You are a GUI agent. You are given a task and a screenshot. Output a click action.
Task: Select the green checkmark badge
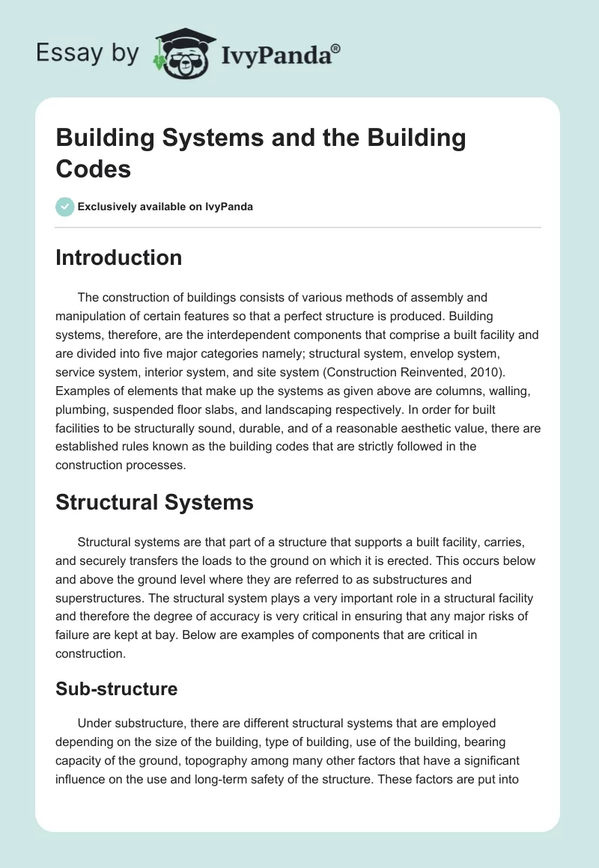[x=65, y=207]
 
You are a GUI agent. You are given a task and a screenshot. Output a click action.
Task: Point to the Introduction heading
[x=118, y=257]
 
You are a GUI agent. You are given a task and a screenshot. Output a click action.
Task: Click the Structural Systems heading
[x=154, y=502]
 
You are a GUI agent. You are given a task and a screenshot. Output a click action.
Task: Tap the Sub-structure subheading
[x=116, y=688]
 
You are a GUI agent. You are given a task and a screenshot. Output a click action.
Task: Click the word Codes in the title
[x=93, y=168]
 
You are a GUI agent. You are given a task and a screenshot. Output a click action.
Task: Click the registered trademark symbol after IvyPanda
[x=336, y=48]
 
